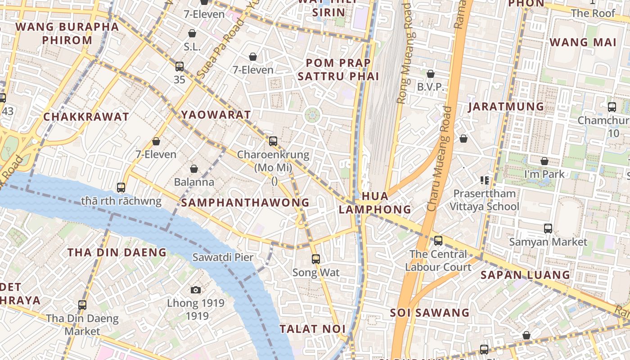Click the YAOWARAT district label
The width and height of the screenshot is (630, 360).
click(x=216, y=115)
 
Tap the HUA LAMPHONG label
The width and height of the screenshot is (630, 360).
click(x=375, y=202)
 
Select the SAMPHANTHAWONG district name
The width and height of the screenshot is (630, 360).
click(x=245, y=202)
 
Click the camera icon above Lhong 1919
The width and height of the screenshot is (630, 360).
click(x=195, y=290)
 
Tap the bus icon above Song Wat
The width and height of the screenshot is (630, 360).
click(x=316, y=259)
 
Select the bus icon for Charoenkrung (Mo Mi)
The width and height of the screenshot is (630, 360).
click(x=273, y=141)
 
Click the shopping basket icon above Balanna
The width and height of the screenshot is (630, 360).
click(x=194, y=169)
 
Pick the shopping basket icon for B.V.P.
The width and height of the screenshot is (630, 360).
click(x=431, y=74)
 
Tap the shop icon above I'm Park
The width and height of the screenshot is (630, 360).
click(x=544, y=161)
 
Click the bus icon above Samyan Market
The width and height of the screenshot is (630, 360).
click(x=548, y=228)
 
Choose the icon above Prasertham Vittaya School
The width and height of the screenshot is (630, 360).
click(x=485, y=180)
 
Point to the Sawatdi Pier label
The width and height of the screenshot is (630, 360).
click(x=223, y=257)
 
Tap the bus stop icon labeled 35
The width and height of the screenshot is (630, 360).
click(x=180, y=67)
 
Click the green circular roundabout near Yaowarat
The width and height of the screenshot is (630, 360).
click(x=312, y=115)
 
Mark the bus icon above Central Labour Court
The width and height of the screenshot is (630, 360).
click(x=438, y=241)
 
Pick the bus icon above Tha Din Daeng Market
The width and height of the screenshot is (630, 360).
click(x=82, y=305)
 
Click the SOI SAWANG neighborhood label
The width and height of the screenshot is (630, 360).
click(x=429, y=312)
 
